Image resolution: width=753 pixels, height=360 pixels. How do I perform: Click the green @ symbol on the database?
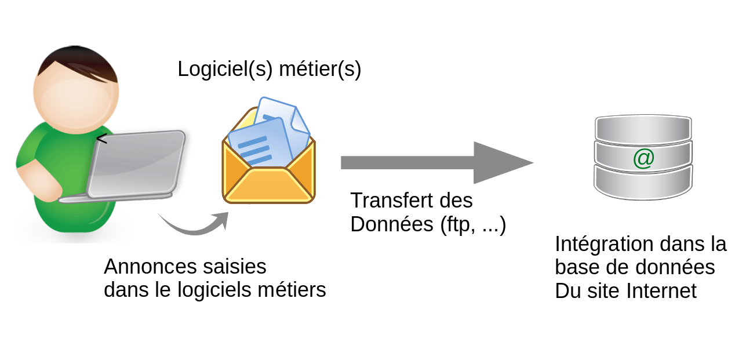coord(644,159)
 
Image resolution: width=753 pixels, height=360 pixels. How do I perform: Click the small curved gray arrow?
coord(195,228)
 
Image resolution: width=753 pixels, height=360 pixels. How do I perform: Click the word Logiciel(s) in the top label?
coord(225,69)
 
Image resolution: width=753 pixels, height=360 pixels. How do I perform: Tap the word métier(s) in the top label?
coord(320,69)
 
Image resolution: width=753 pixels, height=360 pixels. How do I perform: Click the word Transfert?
coord(392,201)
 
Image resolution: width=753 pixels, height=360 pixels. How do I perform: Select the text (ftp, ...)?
coord(473,224)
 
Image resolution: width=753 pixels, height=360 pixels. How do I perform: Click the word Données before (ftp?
coord(392,224)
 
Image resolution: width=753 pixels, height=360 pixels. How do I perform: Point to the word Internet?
coord(661,291)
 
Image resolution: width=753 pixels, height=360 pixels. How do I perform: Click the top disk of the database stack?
coord(643,129)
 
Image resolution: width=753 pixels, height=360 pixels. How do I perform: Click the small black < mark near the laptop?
coord(102,139)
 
